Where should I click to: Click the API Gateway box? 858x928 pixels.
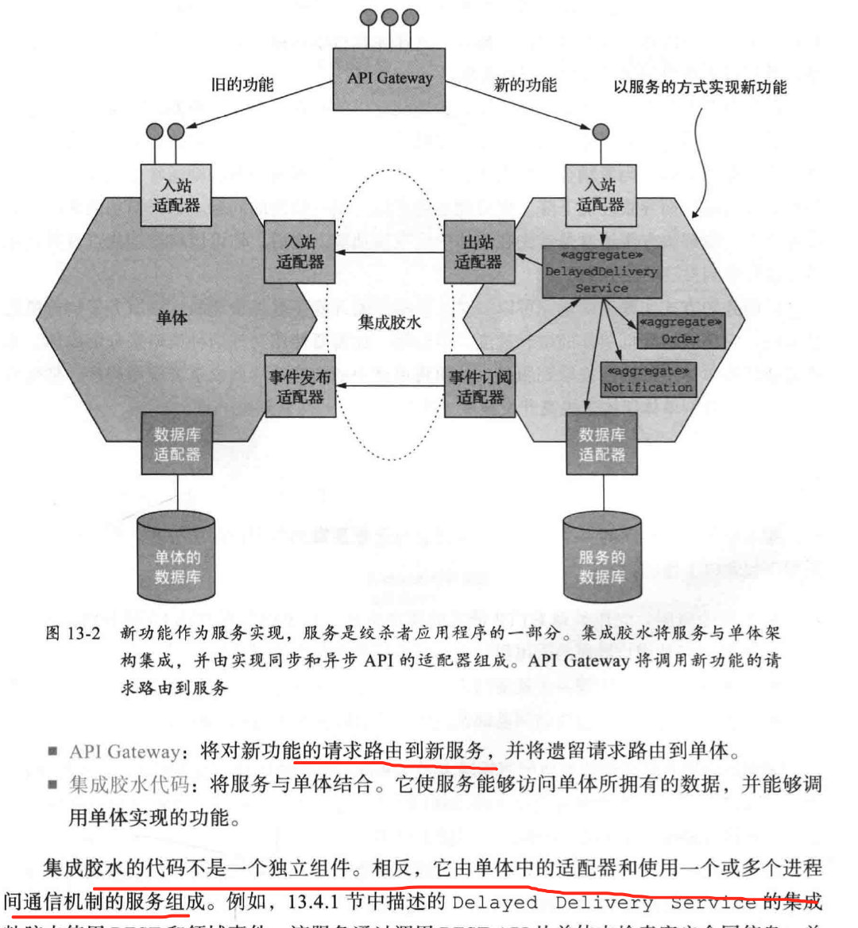click(x=389, y=79)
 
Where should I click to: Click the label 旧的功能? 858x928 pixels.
click(x=242, y=84)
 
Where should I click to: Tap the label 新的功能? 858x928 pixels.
click(x=525, y=84)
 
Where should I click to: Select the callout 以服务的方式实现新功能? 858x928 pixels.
click(x=700, y=87)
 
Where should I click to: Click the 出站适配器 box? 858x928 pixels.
click(x=478, y=252)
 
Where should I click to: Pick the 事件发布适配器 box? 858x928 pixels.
click(x=300, y=386)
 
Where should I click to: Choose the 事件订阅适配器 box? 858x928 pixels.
click(x=479, y=386)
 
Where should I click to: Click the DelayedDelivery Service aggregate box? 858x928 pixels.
click(x=601, y=272)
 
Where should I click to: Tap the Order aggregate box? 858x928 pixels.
click(x=681, y=331)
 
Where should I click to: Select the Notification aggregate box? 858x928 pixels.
click(x=647, y=380)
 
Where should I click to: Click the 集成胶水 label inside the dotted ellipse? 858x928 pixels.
click(x=389, y=322)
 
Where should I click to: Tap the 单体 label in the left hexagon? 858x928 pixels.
click(x=172, y=318)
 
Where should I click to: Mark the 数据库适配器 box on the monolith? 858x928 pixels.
click(x=177, y=443)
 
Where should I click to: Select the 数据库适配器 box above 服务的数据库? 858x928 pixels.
click(x=601, y=444)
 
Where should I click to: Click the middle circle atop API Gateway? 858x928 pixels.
click(x=389, y=17)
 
